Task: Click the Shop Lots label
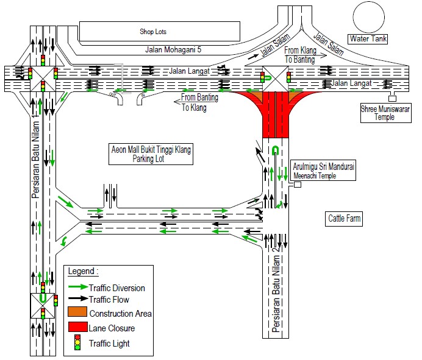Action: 152,31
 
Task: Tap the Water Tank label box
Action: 368,39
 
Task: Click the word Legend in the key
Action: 83,270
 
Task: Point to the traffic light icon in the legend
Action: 77,344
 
